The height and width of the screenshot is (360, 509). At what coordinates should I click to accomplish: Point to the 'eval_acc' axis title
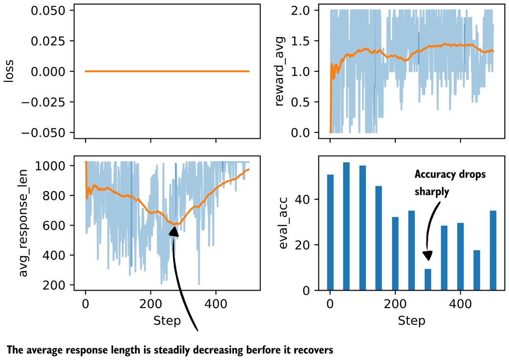coord(283,223)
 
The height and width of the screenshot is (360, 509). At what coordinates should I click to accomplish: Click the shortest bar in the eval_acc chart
coord(428,279)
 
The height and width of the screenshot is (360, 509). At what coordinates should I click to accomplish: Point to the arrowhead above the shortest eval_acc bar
coord(428,256)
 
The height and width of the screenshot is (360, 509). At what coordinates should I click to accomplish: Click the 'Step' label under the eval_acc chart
coord(411,321)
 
